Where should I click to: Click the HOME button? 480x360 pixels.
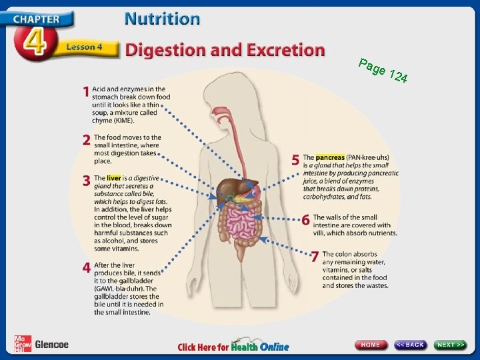coord(371,345)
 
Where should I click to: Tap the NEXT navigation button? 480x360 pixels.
coord(451,345)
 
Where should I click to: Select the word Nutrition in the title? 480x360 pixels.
coord(162,18)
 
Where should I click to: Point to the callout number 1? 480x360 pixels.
coord(86,91)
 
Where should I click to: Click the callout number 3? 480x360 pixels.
coord(86,180)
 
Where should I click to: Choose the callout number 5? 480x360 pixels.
coord(295,160)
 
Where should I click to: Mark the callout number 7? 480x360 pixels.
coord(315,257)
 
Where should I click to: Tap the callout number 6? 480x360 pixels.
coord(305,219)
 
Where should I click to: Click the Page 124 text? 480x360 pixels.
coord(383,71)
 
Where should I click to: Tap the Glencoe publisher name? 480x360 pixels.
coord(51,345)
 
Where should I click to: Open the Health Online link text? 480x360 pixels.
coord(260,347)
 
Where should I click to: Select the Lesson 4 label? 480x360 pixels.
coord(83,47)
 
